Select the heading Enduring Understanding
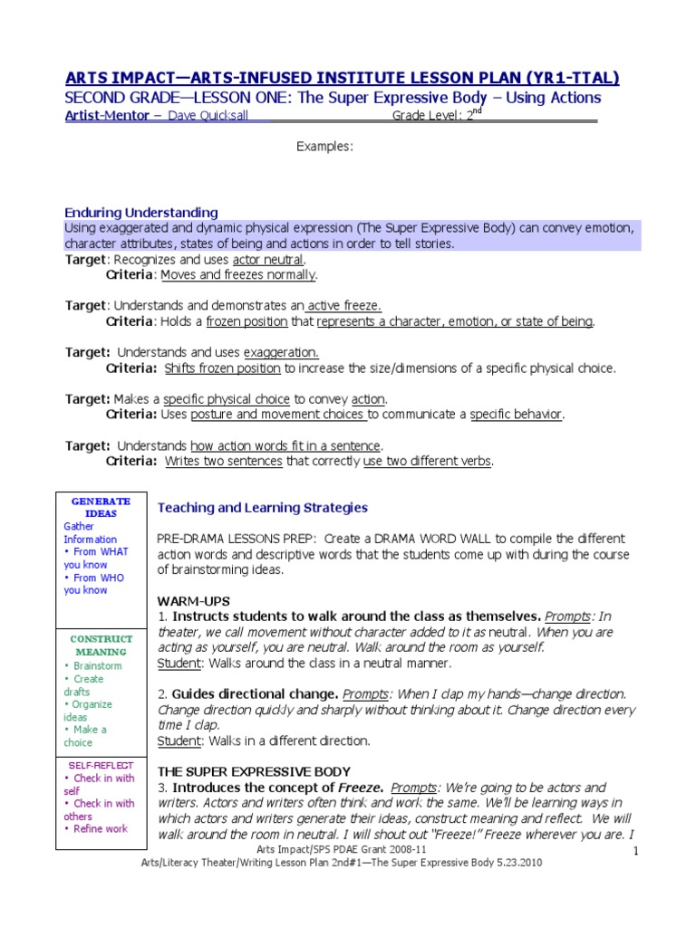coord(140,213)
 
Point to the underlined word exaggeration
coord(281,352)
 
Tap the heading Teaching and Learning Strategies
coord(263,508)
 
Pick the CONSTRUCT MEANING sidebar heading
coord(101,645)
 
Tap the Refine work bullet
coord(101,829)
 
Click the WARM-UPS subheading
coord(194,601)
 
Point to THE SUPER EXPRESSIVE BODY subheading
coord(254,771)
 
